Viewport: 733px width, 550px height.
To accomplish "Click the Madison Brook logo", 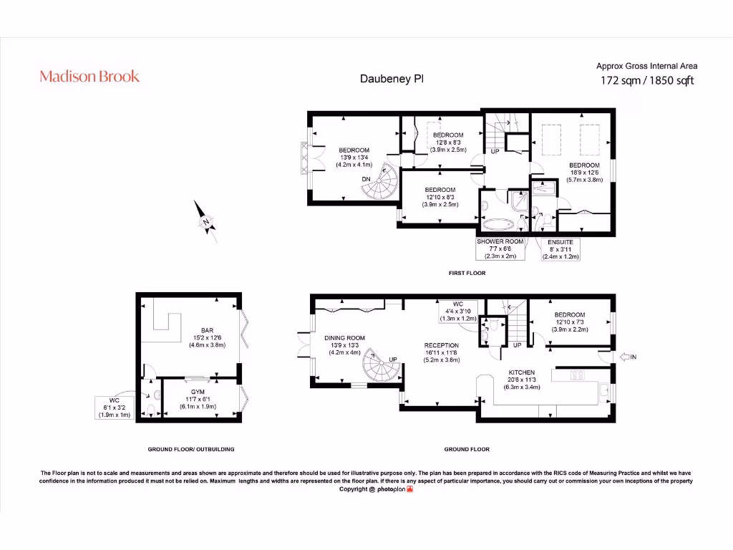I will [x=89, y=77].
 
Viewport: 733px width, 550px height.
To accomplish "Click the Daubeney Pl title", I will [x=391, y=79].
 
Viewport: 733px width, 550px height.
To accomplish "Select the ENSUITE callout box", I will [x=561, y=249].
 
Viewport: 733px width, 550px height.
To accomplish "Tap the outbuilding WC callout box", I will [x=115, y=407].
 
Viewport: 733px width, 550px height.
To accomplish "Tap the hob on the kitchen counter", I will [x=577, y=375].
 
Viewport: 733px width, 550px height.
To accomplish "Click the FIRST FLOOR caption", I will [x=467, y=273].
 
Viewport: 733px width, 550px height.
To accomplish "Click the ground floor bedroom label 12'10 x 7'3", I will [x=569, y=322].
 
